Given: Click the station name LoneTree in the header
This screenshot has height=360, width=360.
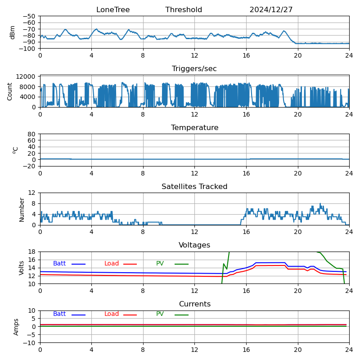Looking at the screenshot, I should click(x=113, y=10).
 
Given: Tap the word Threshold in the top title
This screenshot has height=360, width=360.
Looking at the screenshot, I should click(x=184, y=10).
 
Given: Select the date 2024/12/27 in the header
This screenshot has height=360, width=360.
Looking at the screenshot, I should click(x=271, y=10).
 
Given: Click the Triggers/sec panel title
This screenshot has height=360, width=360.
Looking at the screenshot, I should click(x=194, y=69).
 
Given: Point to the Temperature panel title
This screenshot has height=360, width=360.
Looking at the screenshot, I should click(x=194, y=128).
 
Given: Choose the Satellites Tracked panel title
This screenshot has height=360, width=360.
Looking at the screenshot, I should click(x=194, y=187).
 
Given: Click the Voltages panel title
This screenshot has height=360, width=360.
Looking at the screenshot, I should click(x=194, y=245).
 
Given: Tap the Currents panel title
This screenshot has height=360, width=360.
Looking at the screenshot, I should click(x=194, y=304).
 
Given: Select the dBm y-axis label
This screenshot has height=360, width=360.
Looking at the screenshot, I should click(x=13, y=32).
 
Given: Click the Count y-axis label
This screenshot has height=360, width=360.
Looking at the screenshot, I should click(x=10, y=91).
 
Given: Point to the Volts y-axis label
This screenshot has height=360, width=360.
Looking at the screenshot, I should click(x=22, y=268).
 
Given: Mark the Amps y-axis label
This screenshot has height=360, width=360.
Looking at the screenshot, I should click(x=16, y=327).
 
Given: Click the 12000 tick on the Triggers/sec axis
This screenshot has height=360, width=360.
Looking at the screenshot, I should click(x=26, y=77).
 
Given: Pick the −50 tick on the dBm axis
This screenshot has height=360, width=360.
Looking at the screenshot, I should click(x=29, y=16).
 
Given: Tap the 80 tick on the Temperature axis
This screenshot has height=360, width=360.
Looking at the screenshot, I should click(x=32, y=134).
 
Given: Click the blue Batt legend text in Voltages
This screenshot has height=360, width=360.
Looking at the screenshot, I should click(x=59, y=264).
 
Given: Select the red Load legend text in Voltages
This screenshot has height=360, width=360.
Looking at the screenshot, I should click(x=112, y=264).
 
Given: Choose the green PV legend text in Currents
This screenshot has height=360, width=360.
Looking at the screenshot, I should click(x=160, y=314).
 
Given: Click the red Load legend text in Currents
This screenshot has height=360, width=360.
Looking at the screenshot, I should click(x=112, y=314).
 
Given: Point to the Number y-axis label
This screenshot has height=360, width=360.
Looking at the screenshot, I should click(x=22, y=209).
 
